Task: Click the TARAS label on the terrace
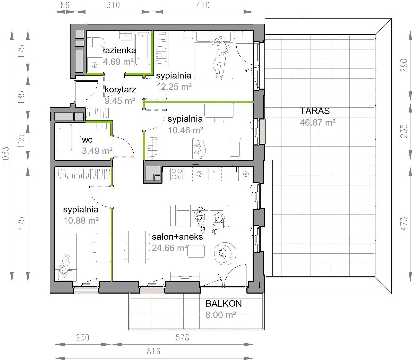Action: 315,111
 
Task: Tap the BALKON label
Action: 224,304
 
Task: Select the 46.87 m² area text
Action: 317,122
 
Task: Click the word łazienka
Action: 119,50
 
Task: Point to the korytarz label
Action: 121,90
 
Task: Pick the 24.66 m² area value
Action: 170,248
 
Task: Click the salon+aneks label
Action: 177,237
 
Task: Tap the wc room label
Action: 87,140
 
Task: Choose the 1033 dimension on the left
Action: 5,156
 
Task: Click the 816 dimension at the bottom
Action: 153,351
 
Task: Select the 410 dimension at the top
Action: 203,5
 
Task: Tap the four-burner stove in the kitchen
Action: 177,174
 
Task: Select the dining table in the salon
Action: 137,247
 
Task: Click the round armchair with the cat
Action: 225,254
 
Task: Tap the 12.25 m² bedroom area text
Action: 174,87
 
